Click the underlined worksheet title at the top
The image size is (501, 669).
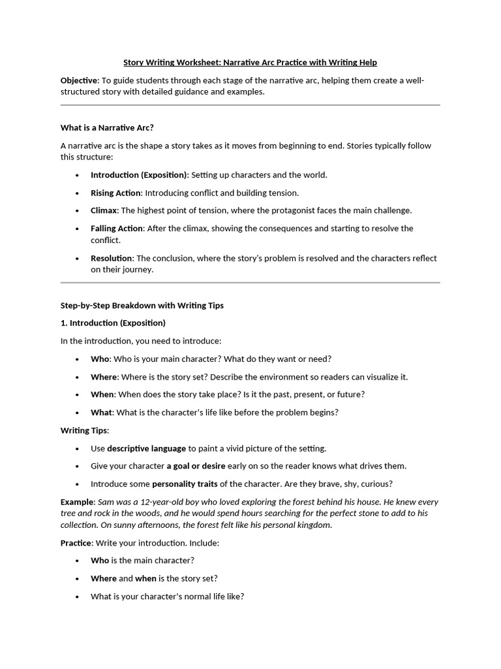point(250,63)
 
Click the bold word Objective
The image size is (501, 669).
point(79,80)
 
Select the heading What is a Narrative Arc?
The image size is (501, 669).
point(107,127)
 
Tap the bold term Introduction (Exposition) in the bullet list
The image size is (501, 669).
point(139,175)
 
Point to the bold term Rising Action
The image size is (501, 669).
point(115,193)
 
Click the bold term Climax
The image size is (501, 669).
point(104,210)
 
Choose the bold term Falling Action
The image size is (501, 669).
point(117,229)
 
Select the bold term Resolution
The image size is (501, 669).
point(112,258)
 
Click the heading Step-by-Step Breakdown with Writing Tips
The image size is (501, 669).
point(142,305)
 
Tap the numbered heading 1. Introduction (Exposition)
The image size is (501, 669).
point(113,323)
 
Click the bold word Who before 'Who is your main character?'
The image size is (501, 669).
point(100,359)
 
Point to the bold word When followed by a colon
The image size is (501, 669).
point(102,395)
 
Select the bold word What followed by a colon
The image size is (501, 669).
point(101,412)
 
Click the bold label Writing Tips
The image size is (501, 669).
point(84,431)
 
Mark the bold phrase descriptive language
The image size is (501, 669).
point(146,448)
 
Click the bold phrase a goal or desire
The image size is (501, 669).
point(196,466)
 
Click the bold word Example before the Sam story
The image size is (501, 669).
point(77,502)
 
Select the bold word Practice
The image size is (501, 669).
point(76,543)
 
